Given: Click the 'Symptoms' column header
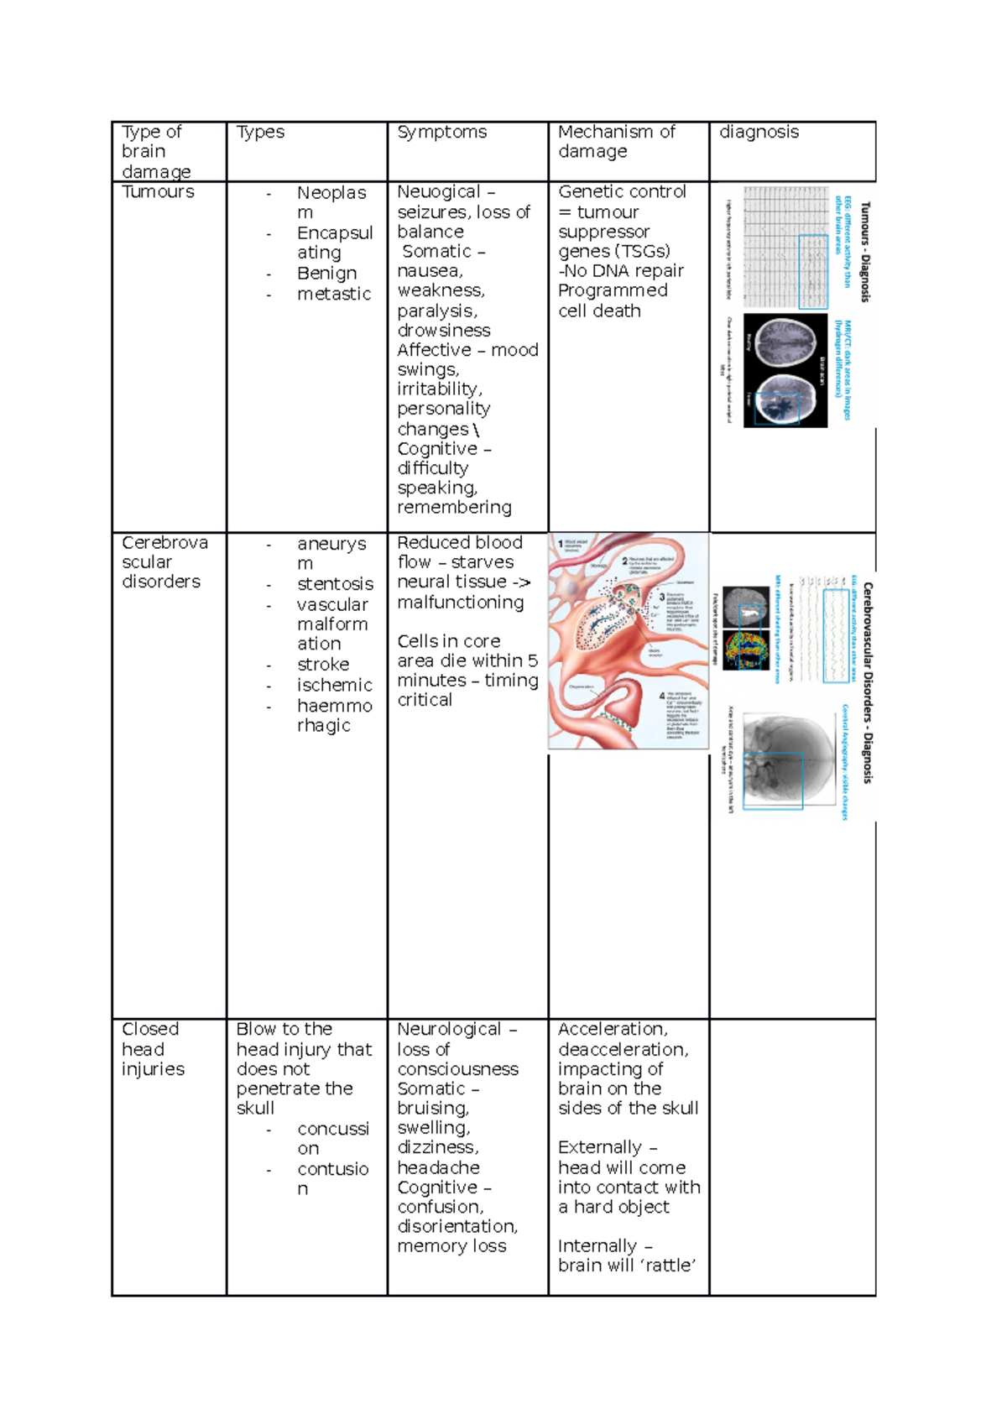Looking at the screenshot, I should pos(441,132).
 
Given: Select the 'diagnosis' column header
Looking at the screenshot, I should pos(759,132).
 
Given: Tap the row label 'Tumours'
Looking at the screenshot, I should pos(158,191).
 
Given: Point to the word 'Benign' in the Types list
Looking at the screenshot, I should pos(326,274).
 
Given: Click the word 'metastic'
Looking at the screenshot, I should pos(333,294).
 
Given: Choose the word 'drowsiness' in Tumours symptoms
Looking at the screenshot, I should pos(443,330).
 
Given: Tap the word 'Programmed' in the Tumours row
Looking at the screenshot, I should pos(613,290).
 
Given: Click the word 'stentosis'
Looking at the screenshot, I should pos(335,583).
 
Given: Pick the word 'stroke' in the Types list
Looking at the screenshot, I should pos(323,664).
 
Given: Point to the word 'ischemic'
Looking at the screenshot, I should pos(334,685).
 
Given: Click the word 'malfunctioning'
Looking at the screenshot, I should pos(460,602).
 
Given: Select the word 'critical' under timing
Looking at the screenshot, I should pos(425,700).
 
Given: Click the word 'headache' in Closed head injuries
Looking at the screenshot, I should pos(438,1167).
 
